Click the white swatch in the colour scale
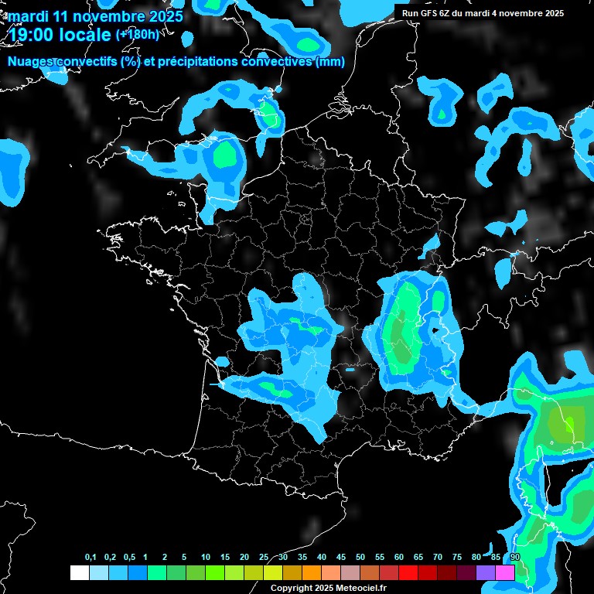pyautogui.click(x=79, y=572)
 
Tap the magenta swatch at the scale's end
pyautogui.click(x=505, y=572)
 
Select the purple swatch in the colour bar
pyautogui.click(x=486, y=572)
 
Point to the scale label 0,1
pyautogui.click(x=90, y=558)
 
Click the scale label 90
pyautogui.click(x=515, y=558)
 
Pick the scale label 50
pyautogui.click(x=360, y=558)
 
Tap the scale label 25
pyautogui.click(x=264, y=558)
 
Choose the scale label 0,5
pyautogui.click(x=129, y=558)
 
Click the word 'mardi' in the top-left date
pyautogui.click(x=29, y=16)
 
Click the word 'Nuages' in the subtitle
pyautogui.click(x=30, y=62)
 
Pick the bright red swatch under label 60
pyautogui.click(x=408, y=572)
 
